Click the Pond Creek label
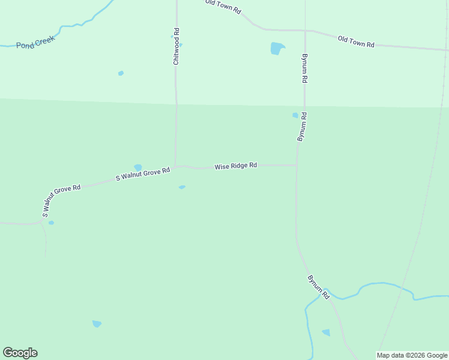click(35, 41)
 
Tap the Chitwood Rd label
click(176, 46)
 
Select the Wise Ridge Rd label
click(236, 165)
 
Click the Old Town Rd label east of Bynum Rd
click(356, 41)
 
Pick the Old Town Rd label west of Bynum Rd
click(223, 7)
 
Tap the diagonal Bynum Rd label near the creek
click(318, 287)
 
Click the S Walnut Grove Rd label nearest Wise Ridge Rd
click(143, 174)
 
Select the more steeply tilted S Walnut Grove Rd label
click(61, 200)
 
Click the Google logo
click(20, 352)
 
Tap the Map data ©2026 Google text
click(412, 355)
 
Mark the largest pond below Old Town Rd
click(277, 48)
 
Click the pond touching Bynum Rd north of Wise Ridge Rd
click(295, 115)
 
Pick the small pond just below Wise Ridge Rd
click(182, 187)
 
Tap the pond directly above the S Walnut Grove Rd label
click(138, 167)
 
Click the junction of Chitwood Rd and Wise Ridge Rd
click(175, 166)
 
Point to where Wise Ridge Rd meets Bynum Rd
click(297, 165)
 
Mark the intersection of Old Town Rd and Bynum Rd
click(305, 30)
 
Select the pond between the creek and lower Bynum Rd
click(326, 332)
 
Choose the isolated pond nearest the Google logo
click(97, 324)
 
